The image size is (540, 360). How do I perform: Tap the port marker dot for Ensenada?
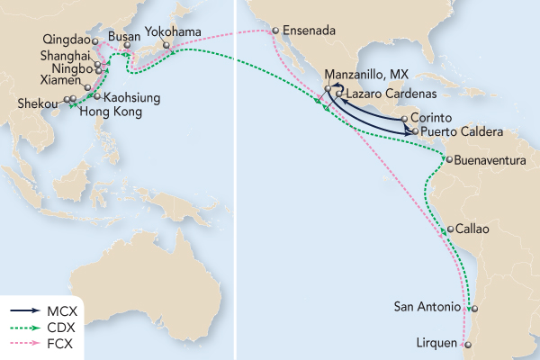tap(274, 31)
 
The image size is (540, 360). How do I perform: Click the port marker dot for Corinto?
tap(404, 118)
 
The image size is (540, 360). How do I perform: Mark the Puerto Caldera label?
tap(457, 130)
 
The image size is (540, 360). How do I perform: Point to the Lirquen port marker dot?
tap(466, 345)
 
